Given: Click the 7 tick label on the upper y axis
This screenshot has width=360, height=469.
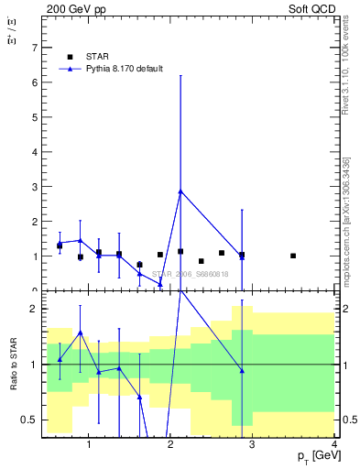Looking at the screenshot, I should [35, 47].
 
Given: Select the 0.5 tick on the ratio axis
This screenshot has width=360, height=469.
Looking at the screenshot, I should [29, 420].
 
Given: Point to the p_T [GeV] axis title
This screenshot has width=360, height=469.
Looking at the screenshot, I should [314, 456].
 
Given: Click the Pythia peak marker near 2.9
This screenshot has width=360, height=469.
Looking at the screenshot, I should [180, 191].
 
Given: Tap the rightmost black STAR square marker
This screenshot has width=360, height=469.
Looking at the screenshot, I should [293, 256].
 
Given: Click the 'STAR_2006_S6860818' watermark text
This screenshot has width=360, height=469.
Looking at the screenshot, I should [190, 274].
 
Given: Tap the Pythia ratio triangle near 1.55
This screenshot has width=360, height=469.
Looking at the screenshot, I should [80, 333].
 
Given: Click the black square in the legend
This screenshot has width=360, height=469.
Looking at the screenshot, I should [70, 57].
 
